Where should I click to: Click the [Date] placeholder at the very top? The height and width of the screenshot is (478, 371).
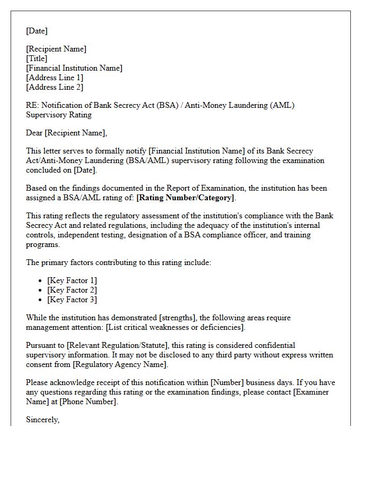[x=37, y=31]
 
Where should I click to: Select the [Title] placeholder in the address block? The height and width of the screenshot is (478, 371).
[x=37, y=58]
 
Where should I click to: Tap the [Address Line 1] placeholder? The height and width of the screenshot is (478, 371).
[x=55, y=78]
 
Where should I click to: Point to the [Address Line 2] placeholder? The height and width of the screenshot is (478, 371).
[x=55, y=87]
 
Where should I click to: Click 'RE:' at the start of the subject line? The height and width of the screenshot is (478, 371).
[x=33, y=105]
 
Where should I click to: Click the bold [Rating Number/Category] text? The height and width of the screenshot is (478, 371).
[x=185, y=198]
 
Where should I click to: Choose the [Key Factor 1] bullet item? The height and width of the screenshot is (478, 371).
[x=72, y=280]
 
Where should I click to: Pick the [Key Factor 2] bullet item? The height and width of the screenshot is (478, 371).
[x=72, y=290]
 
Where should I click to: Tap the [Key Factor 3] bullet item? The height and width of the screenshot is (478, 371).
[x=72, y=300]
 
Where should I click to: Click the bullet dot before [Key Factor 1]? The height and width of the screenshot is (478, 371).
[x=41, y=280]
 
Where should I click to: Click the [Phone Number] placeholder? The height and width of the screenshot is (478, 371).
[x=87, y=402]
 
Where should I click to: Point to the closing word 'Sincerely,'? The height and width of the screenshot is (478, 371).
[x=43, y=420]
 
